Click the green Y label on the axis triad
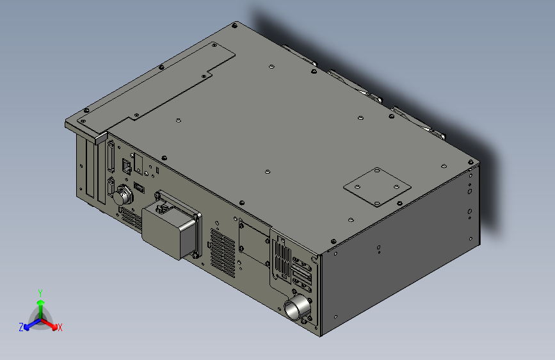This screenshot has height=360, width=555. click(40, 293)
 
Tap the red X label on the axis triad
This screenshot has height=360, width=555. click(60, 327)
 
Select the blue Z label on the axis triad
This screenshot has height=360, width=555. click(21, 327)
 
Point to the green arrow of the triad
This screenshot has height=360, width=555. click(40, 304)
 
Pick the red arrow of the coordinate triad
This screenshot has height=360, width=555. click(52, 324)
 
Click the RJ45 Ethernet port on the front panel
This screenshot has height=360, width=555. click(127, 168)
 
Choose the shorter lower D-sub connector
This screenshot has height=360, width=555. click(113, 188)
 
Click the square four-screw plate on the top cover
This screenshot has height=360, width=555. click(377, 187)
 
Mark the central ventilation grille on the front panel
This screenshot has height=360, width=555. click(222, 250)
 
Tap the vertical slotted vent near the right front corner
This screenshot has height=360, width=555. click(281, 259)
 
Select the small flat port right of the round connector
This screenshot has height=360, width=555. click(140, 188)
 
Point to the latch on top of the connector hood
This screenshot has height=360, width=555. click(163, 205)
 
